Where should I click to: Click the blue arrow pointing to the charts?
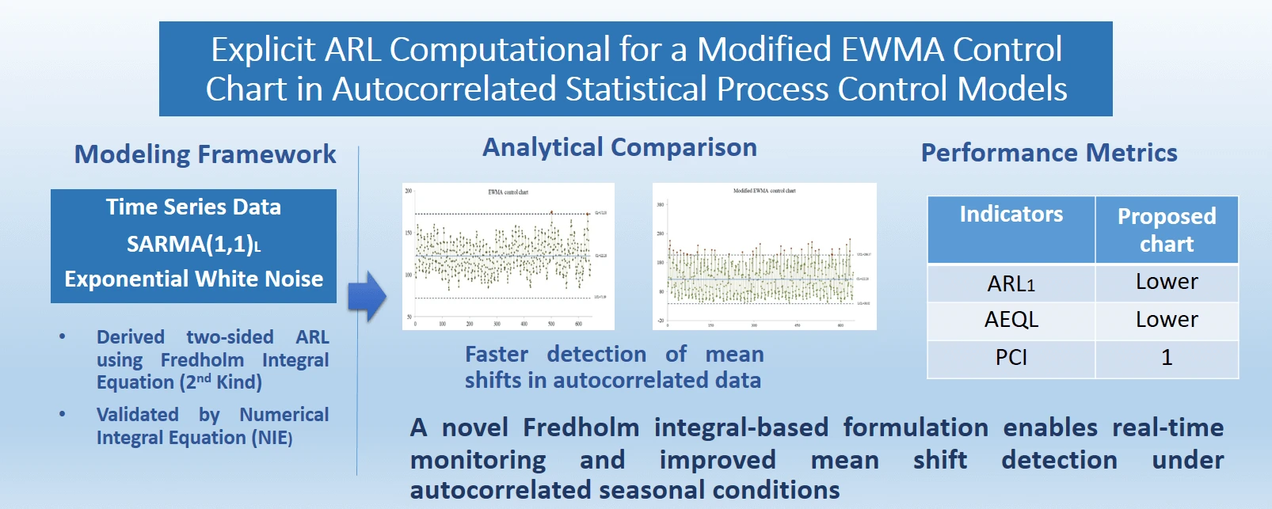tap(366, 296)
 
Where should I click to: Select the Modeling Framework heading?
tap(205, 154)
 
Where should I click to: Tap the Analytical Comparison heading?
tap(619, 147)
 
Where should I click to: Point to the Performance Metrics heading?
tap(1049, 153)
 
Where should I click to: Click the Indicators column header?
tap(1011, 215)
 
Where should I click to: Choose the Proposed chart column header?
tap(1166, 230)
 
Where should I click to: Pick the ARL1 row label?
tap(1011, 283)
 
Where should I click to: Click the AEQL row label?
tap(1011, 320)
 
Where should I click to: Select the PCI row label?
tap(1011, 358)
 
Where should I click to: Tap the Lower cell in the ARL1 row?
tap(1166, 282)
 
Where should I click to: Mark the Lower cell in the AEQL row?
tap(1166, 320)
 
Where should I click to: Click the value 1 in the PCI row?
tap(1166, 358)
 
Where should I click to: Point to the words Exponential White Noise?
tap(194, 279)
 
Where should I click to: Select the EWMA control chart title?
tap(508, 192)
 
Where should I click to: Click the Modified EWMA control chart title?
tap(764, 191)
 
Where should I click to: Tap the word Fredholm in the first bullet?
tap(202, 360)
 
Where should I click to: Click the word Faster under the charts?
tap(496, 355)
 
